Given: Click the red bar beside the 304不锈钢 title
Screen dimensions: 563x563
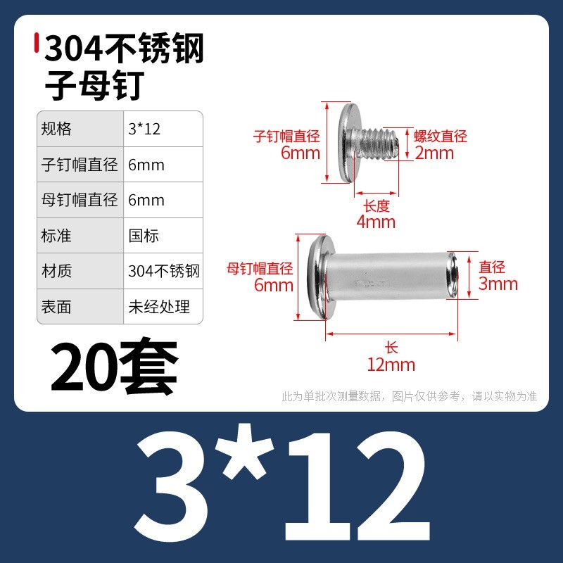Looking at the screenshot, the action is (x=37, y=43).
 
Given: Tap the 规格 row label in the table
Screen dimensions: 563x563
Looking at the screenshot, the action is (x=56, y=129).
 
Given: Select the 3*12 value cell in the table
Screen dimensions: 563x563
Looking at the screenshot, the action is (x=144, y=129).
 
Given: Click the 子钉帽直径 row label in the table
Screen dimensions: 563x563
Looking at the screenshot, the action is (x=80, y=165).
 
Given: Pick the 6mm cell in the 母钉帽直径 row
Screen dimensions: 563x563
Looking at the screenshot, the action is (x=146, y=200).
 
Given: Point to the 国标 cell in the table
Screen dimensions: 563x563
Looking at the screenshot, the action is (x=144, y=236).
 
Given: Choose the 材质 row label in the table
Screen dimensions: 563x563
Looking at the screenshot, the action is (x=56, y=271).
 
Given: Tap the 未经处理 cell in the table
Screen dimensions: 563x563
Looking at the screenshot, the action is (x=159, y=306).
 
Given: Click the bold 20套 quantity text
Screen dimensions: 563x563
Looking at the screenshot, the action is (x=114, y=365).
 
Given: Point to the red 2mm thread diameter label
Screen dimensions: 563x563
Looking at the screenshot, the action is (x=434, y=153).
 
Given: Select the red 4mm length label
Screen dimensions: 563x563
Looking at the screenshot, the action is (x=376, y=222).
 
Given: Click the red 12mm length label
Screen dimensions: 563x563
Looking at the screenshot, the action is (x=391, y=365).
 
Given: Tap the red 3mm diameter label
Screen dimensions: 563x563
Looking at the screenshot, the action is (x=498, y=284).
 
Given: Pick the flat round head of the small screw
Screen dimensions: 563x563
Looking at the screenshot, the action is (x=347, y=143).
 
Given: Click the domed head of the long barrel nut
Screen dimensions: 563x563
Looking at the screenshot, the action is (x=319, y=277).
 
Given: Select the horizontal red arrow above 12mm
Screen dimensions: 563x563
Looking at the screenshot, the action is (x=391, y=334).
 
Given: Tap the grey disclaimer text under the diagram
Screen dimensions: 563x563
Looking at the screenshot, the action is (x=410, y=396).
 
